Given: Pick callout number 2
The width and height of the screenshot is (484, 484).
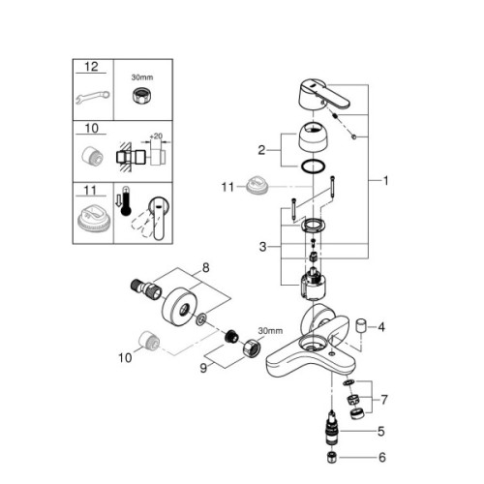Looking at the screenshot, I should [x=261, y=150].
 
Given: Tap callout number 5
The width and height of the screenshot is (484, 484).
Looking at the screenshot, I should [x=380, y=431].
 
